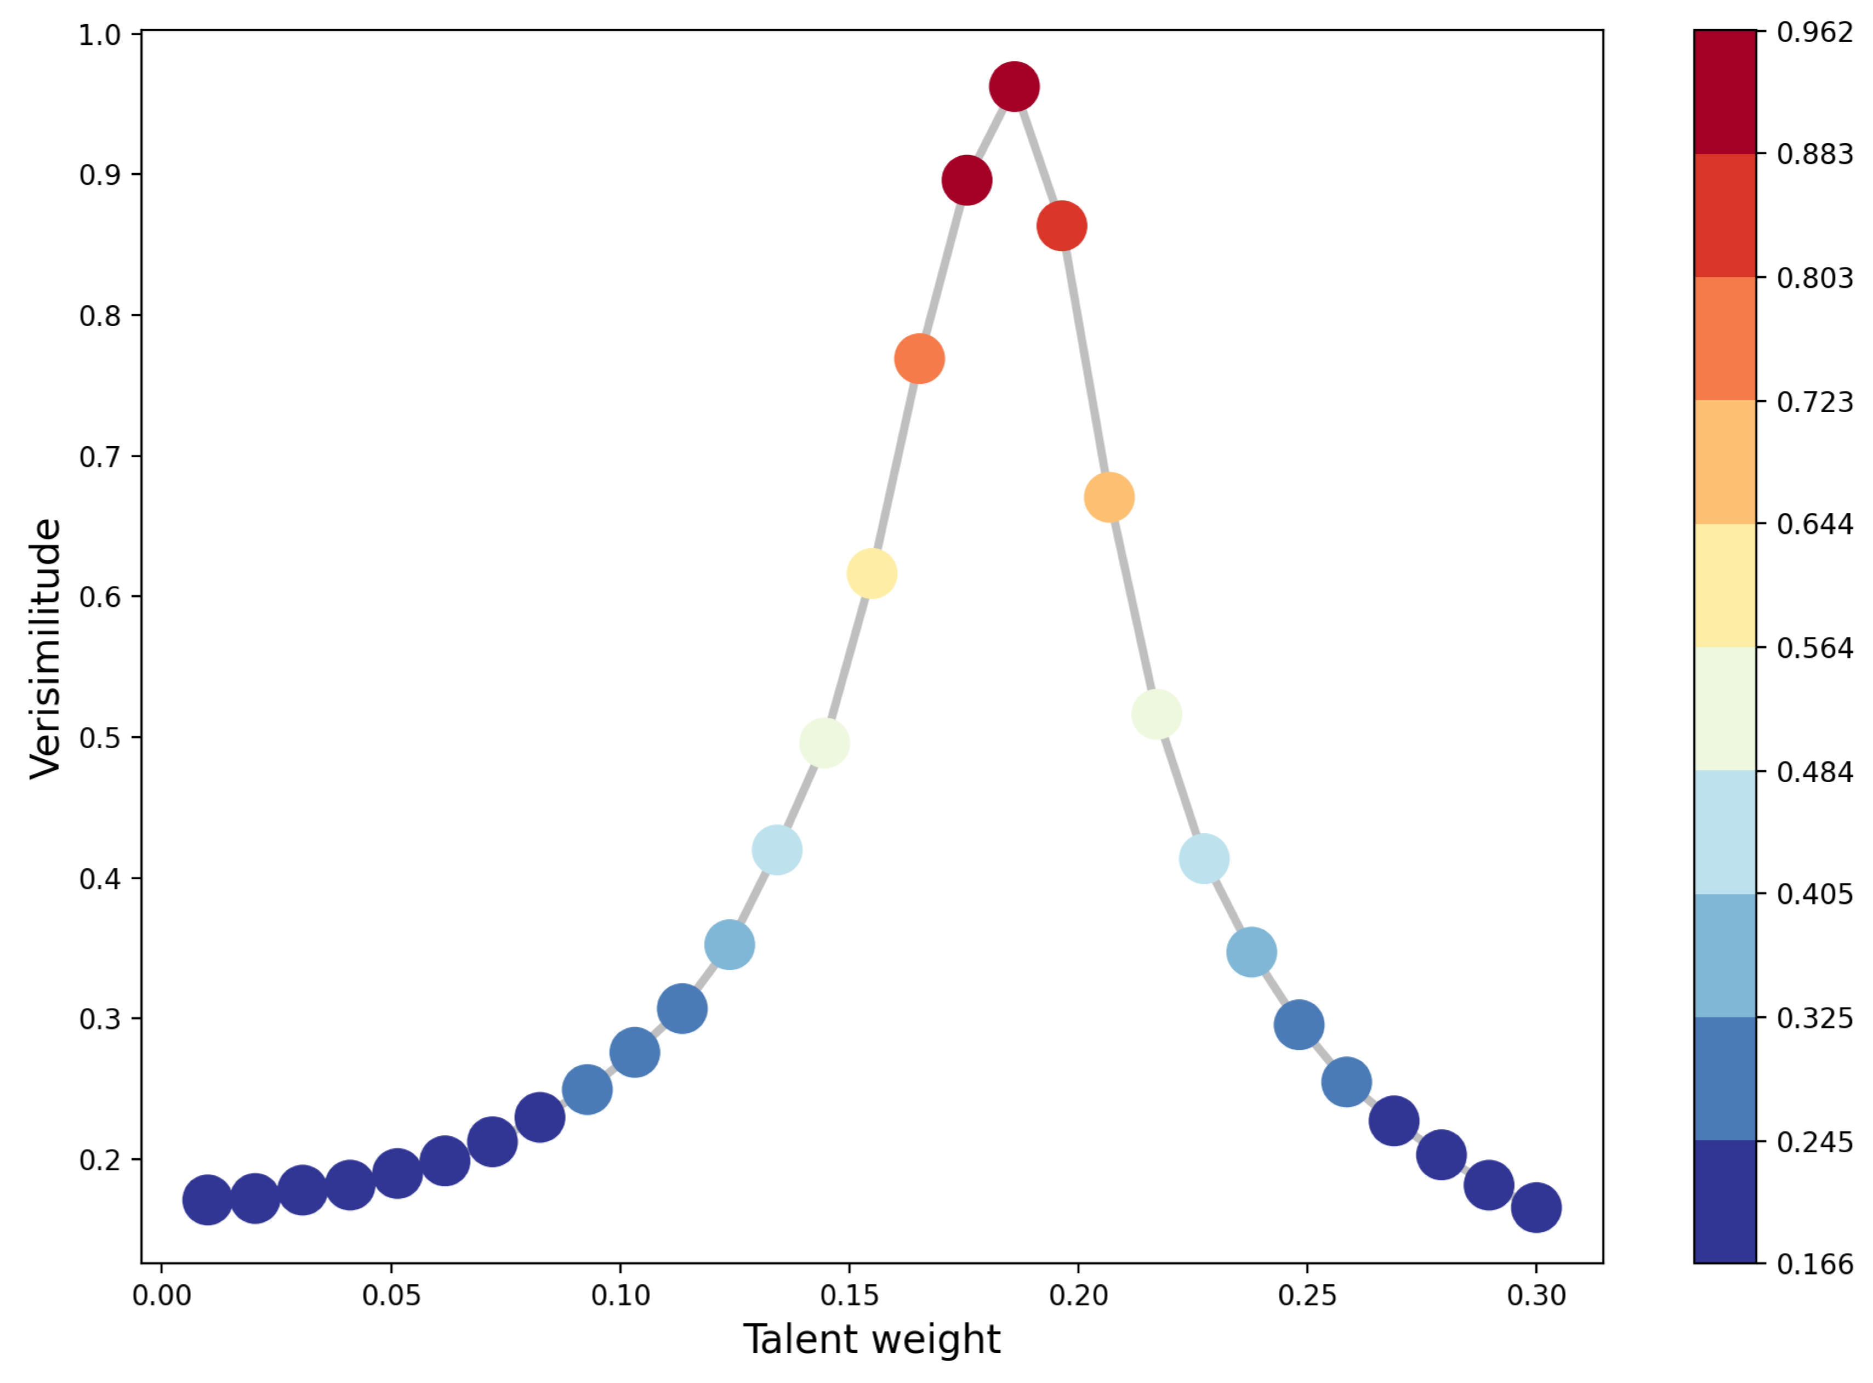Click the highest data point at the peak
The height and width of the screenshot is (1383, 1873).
(1014, 86)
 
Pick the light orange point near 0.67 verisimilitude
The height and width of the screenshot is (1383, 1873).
(1109, 497)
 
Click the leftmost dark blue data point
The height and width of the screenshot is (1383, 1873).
(207, 1200)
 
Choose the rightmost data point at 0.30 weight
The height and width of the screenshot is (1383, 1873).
(1536, 1207)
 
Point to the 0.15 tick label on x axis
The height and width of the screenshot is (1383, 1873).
(850, 1296)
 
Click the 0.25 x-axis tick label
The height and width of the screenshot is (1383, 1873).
(1307, 1296)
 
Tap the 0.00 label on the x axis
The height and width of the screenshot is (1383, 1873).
(162, 1296)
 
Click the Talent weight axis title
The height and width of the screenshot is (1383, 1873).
(871, 1340)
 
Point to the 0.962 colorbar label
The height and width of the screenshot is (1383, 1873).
(1814, 32)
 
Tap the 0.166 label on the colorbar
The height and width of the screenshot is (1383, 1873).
(1814, 1264)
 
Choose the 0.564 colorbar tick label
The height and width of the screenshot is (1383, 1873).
(1814, 648)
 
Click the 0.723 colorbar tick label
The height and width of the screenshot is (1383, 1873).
(1814, 402)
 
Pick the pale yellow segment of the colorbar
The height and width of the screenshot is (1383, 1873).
(1725, 585)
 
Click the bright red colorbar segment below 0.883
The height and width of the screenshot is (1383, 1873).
(1725, 215)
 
